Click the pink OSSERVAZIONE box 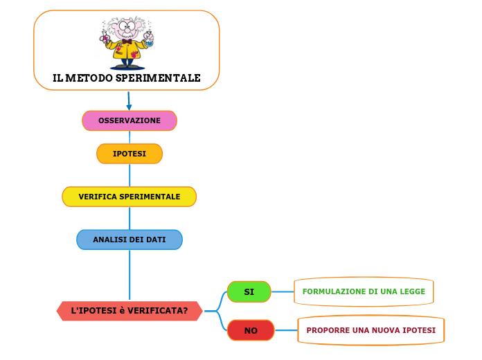pyautogui.click(x=130, y=120)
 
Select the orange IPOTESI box pyautogui.click(x=130, y=154)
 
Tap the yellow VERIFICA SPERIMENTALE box pyautogui.click(x=130, y=197)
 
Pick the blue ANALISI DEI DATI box pyautogui.click(x=130, y=240)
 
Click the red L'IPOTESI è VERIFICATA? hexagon pyautogui.click(x=130, y=311)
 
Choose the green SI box pyautogui.click(x=249, y=292)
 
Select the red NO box pyautogui.click(x=251, y=330)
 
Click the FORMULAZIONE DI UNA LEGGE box pyautogui.click(x=364, y=291)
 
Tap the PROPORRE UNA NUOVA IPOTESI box pyautogui.click(x=371, y=330)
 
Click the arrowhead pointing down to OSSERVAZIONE pyautogui.click(x=129, y=107)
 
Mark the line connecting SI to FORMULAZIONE pyautogui.click(x=282, y=291)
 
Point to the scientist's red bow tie pyautogui.click(x=127, y=42)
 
